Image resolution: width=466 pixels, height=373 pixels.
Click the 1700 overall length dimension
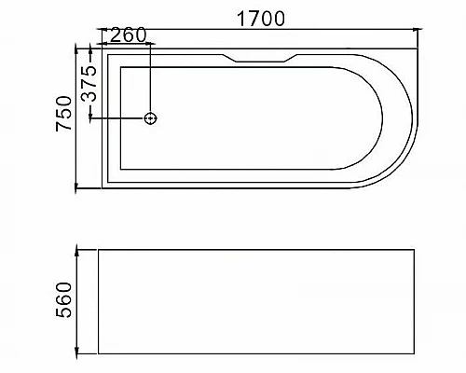261,19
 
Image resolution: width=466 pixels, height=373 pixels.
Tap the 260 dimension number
128,36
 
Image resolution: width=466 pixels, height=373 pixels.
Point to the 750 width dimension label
64,116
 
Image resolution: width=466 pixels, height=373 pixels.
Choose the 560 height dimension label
64,300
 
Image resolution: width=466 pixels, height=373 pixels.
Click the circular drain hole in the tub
150,118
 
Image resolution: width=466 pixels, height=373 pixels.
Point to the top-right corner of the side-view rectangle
417,249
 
